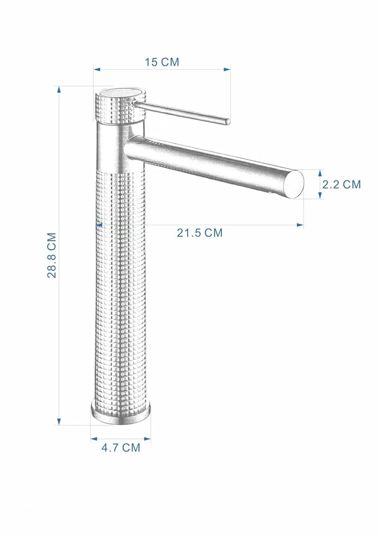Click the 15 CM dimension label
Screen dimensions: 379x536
pyautogui.click(x=162, y=62)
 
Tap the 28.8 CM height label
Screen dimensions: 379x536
pyautogui.click(x=52, y=255)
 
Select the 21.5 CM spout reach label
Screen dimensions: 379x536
pyautogui.click(x=199, y=233)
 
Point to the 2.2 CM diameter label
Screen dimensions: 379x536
pyautogui.click(x=342, y=184)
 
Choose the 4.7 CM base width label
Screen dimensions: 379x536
pyautogui.click(x=121, y=447)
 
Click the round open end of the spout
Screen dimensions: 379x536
pyautogui.click(x=294, y=184)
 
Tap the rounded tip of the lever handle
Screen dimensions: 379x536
pyautogui.click(x=226, y=121)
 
